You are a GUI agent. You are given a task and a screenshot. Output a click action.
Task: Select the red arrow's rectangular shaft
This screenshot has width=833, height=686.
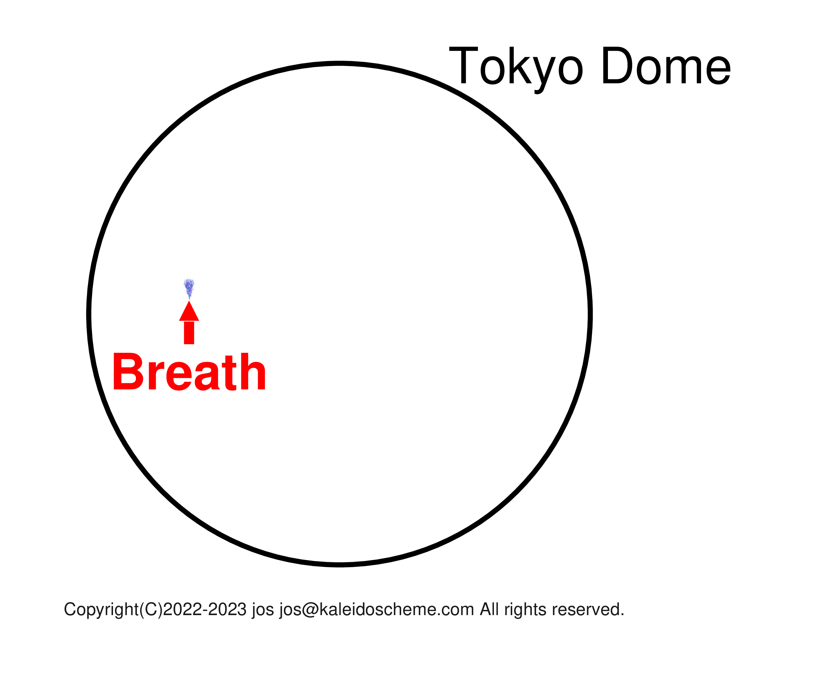click(189, 333)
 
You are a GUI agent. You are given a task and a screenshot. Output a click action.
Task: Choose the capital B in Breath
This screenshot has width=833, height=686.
click(127, 372)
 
